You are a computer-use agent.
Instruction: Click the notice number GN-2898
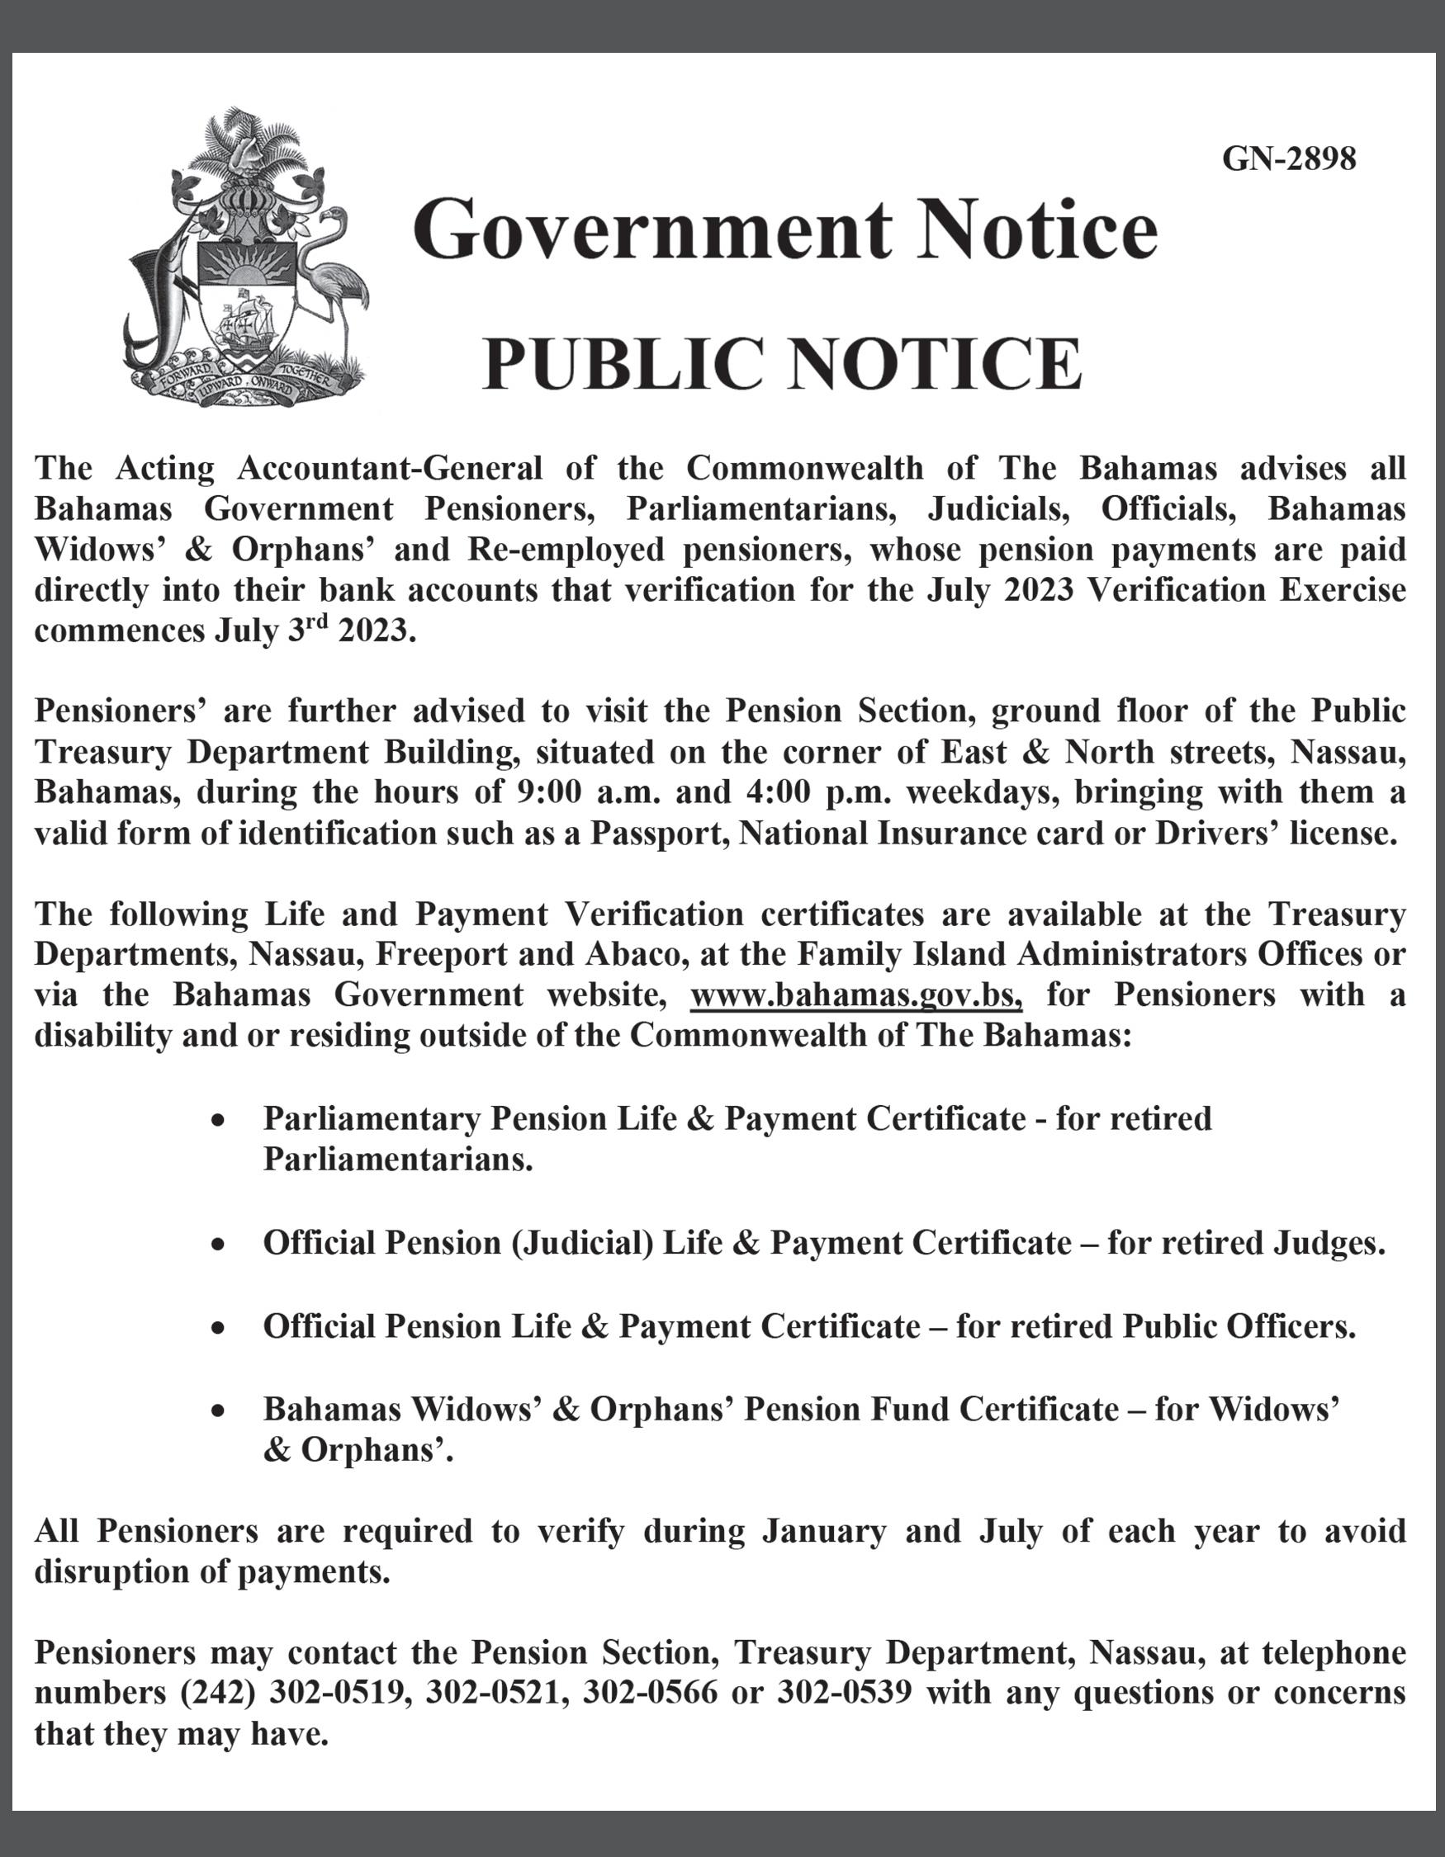pyautogui.click(x=1288, y=158)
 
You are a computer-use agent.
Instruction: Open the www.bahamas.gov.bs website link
pyautogui.click(x=855, y=995)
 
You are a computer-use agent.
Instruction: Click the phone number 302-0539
pyautogui.click(x=844, y=1692)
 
